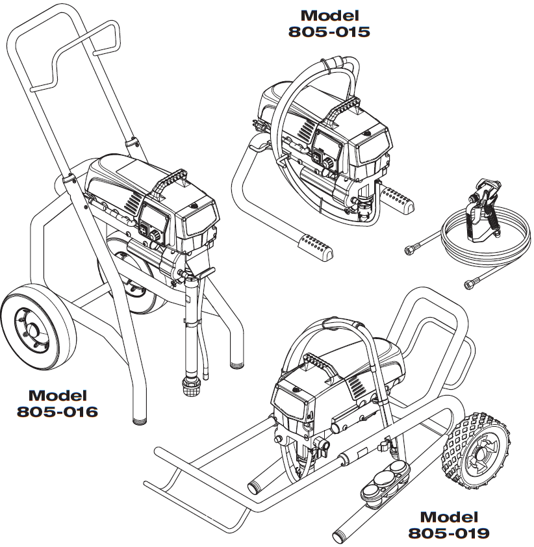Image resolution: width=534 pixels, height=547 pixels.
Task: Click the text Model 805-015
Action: [x=329, y=23]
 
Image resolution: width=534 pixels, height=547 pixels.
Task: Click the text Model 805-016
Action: [x=58, y=403]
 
